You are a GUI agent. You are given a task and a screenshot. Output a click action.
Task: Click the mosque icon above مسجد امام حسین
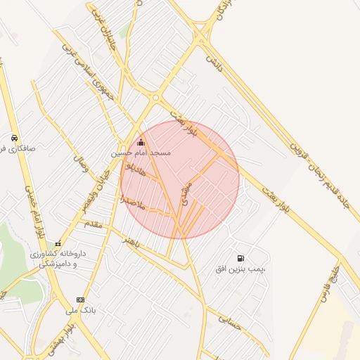141,143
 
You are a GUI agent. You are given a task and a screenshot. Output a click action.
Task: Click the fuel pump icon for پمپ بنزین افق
242,259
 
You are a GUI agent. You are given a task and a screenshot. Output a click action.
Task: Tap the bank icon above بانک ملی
80,300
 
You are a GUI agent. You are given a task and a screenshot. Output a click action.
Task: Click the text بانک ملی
80,309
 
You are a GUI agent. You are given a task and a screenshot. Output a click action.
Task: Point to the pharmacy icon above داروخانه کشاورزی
58,243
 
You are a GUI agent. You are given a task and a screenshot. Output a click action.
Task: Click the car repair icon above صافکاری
15,138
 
